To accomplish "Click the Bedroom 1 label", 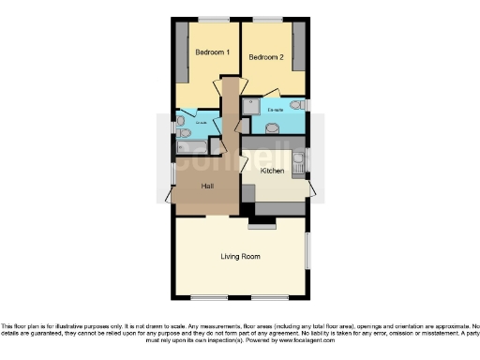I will pos(211,52).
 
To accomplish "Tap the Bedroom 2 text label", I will pos(265,58).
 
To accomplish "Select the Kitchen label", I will pos(273,172).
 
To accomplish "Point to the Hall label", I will pos(208,186).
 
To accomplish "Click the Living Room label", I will pos(240,256).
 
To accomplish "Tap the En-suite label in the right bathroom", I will pos(276,110).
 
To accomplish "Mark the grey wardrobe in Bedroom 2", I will pos(299,47).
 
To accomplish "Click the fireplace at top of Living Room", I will pos(262,224).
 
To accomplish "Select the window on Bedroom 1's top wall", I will pos(213,19).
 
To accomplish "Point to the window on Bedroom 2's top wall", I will pos(269,19).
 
